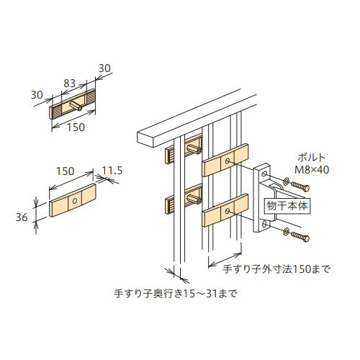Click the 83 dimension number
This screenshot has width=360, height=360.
70,84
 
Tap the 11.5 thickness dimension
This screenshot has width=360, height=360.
112,171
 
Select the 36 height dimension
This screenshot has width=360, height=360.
22,217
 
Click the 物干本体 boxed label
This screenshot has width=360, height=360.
287,206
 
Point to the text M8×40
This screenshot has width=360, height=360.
312,170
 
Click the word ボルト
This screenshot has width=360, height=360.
311,158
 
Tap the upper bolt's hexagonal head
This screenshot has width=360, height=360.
306,189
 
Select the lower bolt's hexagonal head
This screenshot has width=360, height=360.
306,238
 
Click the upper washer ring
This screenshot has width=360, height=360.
286,181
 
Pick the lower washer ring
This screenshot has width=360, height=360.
286,232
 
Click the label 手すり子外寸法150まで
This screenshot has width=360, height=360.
276,269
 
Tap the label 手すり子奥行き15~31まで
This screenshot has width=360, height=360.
176,293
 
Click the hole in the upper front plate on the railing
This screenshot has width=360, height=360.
228,161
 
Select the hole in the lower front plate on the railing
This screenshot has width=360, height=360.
228,211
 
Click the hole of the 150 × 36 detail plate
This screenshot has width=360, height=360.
75,200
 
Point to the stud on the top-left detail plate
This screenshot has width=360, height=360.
76,106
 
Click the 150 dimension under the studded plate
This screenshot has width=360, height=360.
76,127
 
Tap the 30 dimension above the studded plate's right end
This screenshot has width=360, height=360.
104,68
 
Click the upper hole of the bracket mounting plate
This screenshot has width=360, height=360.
264,174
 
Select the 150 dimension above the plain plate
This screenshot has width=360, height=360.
65,171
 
